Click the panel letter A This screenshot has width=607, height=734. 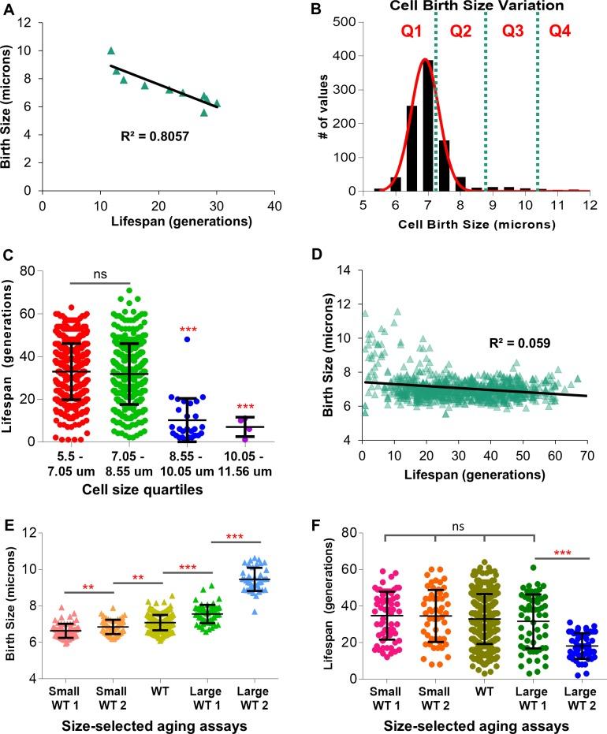9,9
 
